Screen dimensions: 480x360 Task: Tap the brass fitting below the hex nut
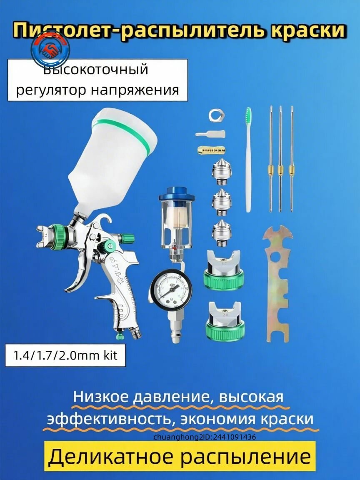pos(211,149)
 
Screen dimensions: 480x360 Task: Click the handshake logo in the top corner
pos(50,50)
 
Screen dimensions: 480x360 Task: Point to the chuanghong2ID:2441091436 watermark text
pos(205,437)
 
